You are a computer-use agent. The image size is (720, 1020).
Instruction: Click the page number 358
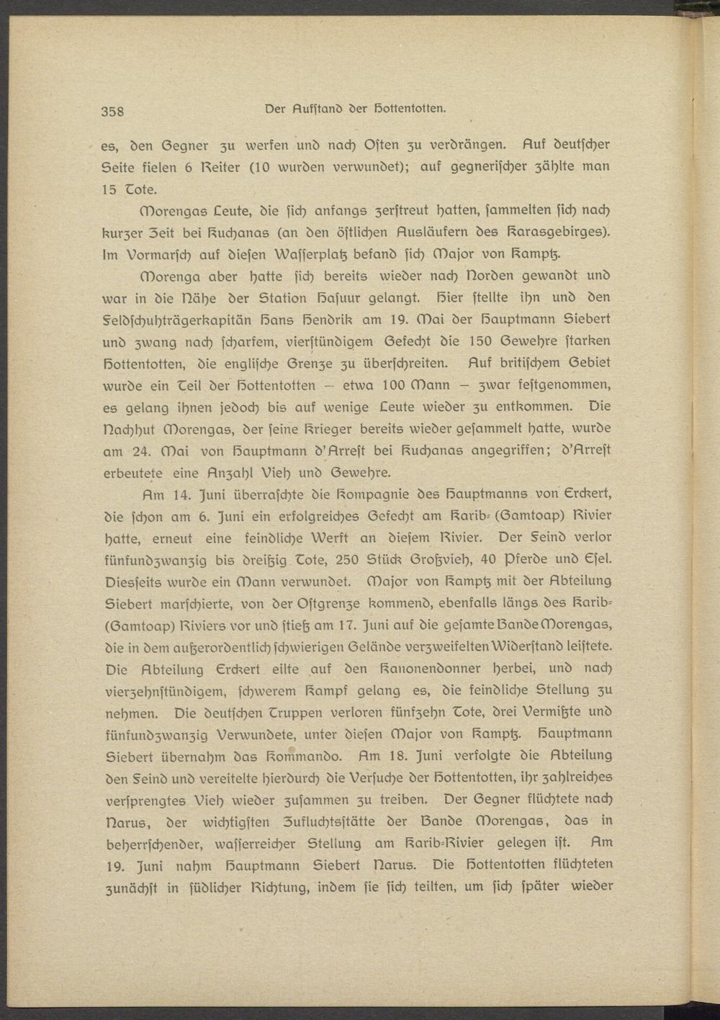click(113, 111)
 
